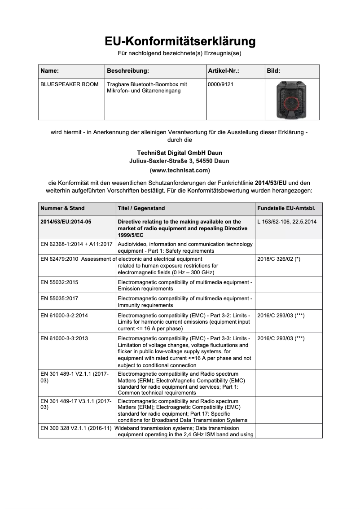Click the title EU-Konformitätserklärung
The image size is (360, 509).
180,41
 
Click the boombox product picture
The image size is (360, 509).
292,99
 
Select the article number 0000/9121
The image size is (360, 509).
221,84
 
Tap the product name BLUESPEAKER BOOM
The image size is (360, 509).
70,84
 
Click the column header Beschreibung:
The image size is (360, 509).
128,71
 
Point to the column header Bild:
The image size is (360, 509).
273,71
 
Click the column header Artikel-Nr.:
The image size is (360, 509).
224,71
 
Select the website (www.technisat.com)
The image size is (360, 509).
180,171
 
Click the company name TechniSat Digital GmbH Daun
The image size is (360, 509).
180,153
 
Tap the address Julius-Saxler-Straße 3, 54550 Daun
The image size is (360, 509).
180,161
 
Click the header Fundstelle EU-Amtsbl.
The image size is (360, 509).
286,208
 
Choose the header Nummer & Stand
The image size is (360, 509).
62,208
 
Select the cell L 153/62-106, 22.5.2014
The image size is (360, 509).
287,222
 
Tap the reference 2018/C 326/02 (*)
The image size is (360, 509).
279,259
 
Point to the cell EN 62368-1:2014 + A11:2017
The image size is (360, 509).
76,245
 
